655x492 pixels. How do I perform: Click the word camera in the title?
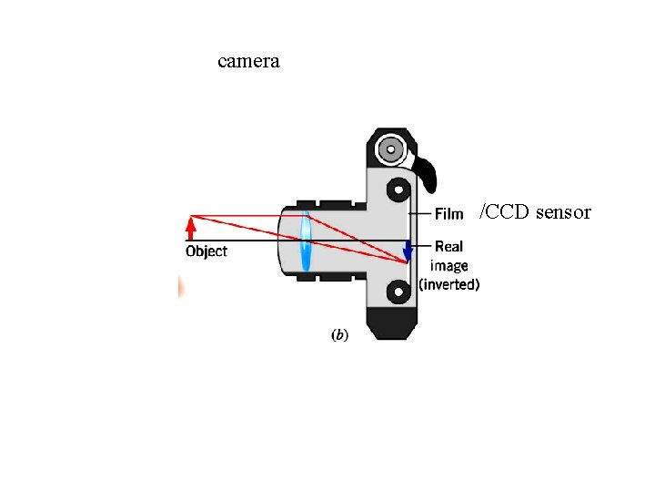(248, 62)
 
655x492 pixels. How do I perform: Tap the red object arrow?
(191, 227)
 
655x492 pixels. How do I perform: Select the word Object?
(207, 251)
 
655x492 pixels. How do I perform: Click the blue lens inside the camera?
(306, 241)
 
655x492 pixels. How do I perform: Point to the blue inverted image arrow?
(408, 251)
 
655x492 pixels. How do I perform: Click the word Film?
(448, 214)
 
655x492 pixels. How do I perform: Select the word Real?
(448, 246)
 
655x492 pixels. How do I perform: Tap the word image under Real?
(448, 266)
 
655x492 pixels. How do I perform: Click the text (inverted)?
(448, 284)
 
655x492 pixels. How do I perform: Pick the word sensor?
(563, 213)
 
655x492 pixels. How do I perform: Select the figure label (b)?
(338, 335)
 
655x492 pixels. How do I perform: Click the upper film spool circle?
(397, 190)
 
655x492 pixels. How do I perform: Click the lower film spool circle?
(397, 292)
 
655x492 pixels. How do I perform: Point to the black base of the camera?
(391, 324)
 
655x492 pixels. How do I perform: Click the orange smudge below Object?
(181, 288)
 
